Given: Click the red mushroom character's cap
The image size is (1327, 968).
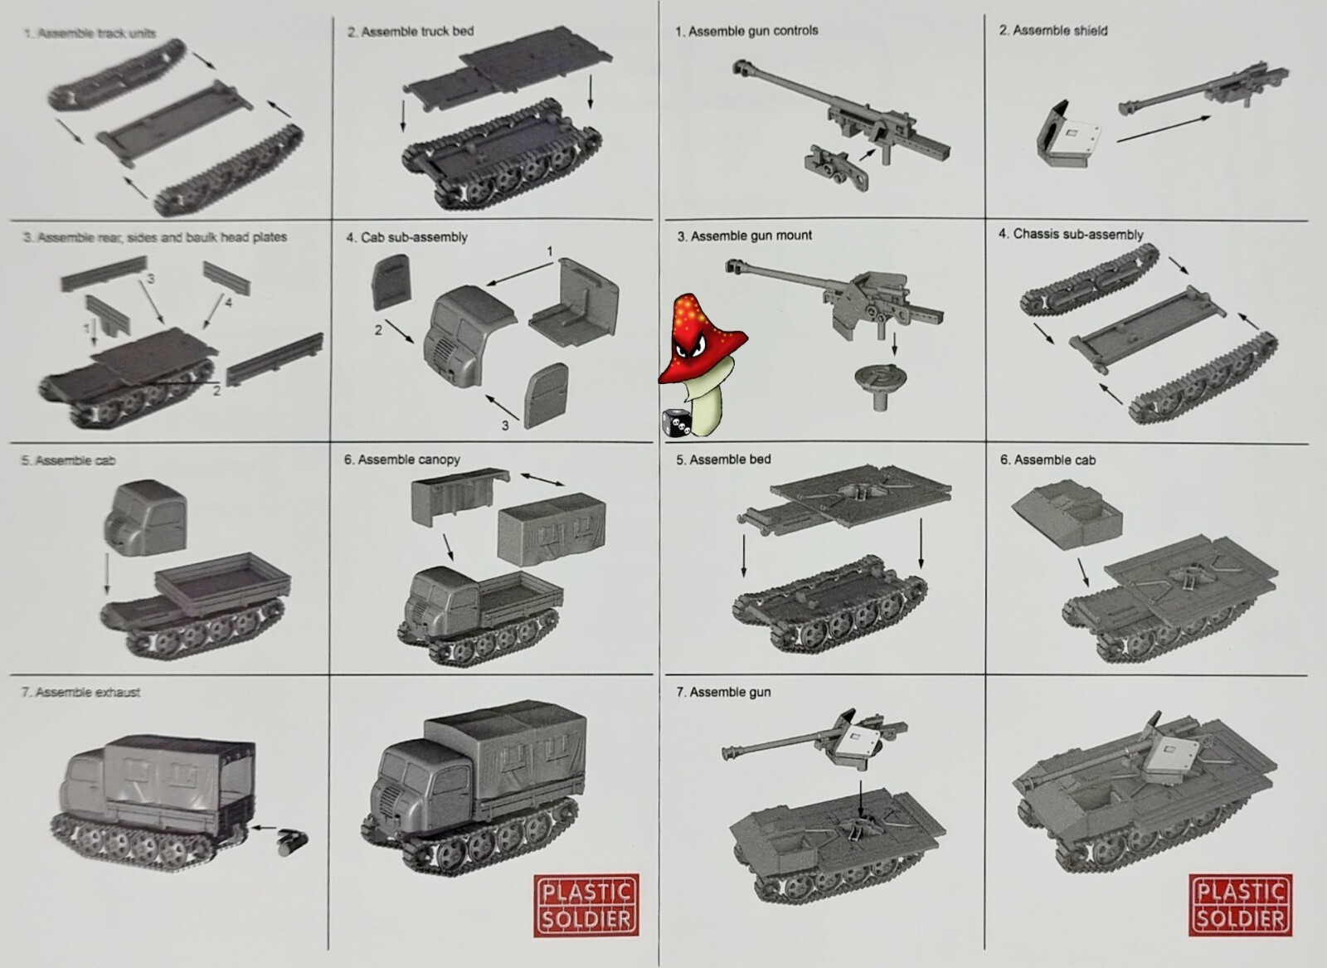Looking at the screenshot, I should (702, 340).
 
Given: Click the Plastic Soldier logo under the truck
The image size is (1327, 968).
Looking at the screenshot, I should (587, 904).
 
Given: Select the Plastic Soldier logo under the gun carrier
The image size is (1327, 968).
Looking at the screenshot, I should (1241, 904).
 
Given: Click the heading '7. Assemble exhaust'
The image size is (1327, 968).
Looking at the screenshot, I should (80, 692).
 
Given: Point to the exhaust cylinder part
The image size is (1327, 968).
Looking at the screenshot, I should (294, 839).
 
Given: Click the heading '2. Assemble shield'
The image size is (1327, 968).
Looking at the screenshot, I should (1052, 31).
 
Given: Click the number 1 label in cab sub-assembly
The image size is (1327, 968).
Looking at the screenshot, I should (549, 251).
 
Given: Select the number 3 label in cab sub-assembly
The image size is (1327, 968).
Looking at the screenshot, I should (504, 426).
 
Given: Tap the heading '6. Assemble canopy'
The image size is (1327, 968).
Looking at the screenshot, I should (402, 460).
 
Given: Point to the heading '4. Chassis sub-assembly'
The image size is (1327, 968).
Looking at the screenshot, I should (1070, 235).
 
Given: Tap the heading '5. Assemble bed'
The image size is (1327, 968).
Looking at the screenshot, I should (723, 460).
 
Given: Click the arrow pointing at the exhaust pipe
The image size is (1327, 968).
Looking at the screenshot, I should (265, 828).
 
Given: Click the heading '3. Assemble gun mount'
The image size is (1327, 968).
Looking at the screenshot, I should (744, 236).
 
